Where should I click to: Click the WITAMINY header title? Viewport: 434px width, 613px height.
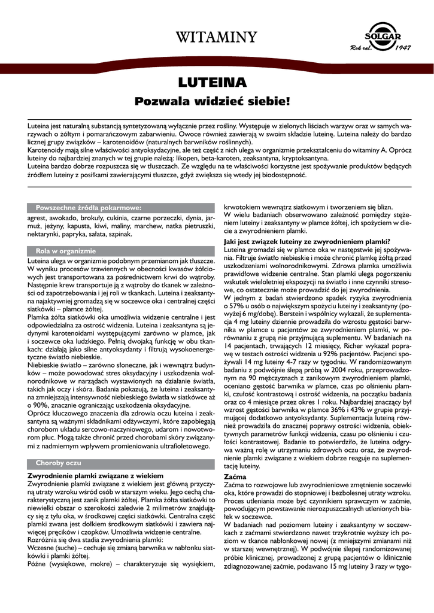coord(217,38)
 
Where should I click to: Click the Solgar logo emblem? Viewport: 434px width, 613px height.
coord(384,33)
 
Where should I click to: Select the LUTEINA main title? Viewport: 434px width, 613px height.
coord(217,81)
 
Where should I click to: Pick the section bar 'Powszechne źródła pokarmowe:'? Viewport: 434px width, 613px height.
coord(88,207)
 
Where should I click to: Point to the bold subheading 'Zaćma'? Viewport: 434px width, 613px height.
coord(235,477)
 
